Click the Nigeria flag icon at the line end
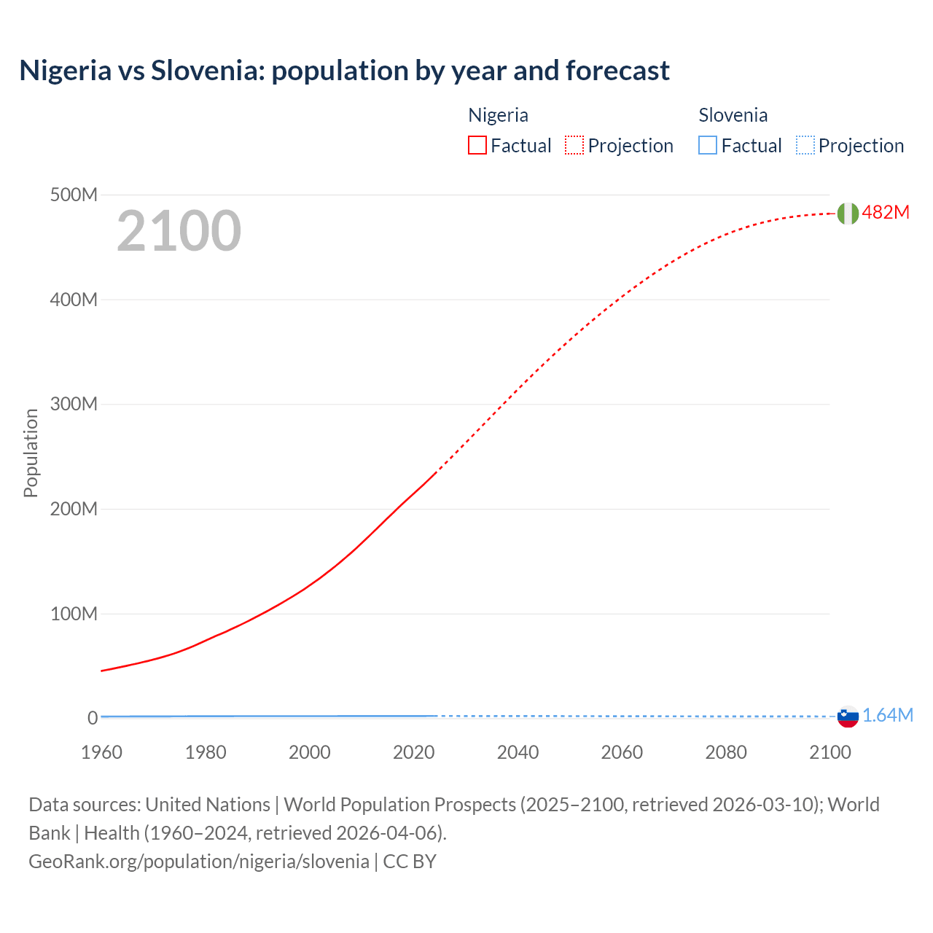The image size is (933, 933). [x=848, y=213]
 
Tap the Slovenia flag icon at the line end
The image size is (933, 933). [x=848, y=717]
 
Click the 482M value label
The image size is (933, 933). [x=886, y=212]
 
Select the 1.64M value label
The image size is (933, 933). [x=887, y=715]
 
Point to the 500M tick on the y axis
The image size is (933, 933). [x=74, y=195]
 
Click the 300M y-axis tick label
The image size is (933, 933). [x=74, y=404]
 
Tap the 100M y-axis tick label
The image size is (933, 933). [x=74, y=614]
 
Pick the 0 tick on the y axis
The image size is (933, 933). [x=93, y=718]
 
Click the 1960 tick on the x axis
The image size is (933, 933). [x=101, y=752]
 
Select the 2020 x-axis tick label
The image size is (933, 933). [x=413, y=752]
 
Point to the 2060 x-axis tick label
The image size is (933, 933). [x=622, y=752]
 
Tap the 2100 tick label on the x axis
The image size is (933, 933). [x=829, y=752]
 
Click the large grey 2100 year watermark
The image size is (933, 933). [x=179, y=231]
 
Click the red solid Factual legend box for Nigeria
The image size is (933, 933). [x=477, y=145]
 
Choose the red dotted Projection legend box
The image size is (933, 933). [x=574, y=145]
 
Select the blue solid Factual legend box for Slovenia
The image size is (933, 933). [x=708, y=145]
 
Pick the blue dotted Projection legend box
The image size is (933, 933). [x=805, y=145]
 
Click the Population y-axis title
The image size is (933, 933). [x=31, y=453]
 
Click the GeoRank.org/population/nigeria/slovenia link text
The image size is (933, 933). [x=199, y=861]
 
